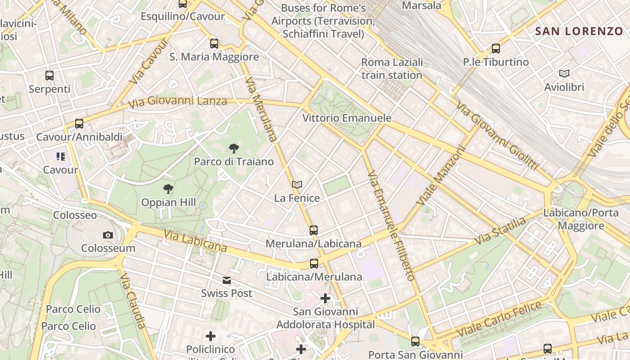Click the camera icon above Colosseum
tap(108, 235)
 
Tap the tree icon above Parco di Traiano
tap(234, 148)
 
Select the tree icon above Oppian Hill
tap(168, 189)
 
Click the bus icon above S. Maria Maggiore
tap(214, 44)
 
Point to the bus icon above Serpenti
tap(49, 76)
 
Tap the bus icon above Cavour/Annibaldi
tap(79, 123)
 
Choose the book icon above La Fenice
tap(297, 184)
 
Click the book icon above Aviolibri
tap(564, 73)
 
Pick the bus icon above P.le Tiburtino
tap(496, 49)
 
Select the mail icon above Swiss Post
tap(227, 280)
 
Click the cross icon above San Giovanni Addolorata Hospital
tap(325, 298)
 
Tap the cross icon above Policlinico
tap(211, 336)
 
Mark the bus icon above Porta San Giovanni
tap(415, 342)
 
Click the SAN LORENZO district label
tap(579, 31)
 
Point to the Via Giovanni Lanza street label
tap(177, 102)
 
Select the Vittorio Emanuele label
tap(347, 118)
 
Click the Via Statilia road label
tap(500, 230)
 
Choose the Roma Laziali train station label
tap(392, 68)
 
